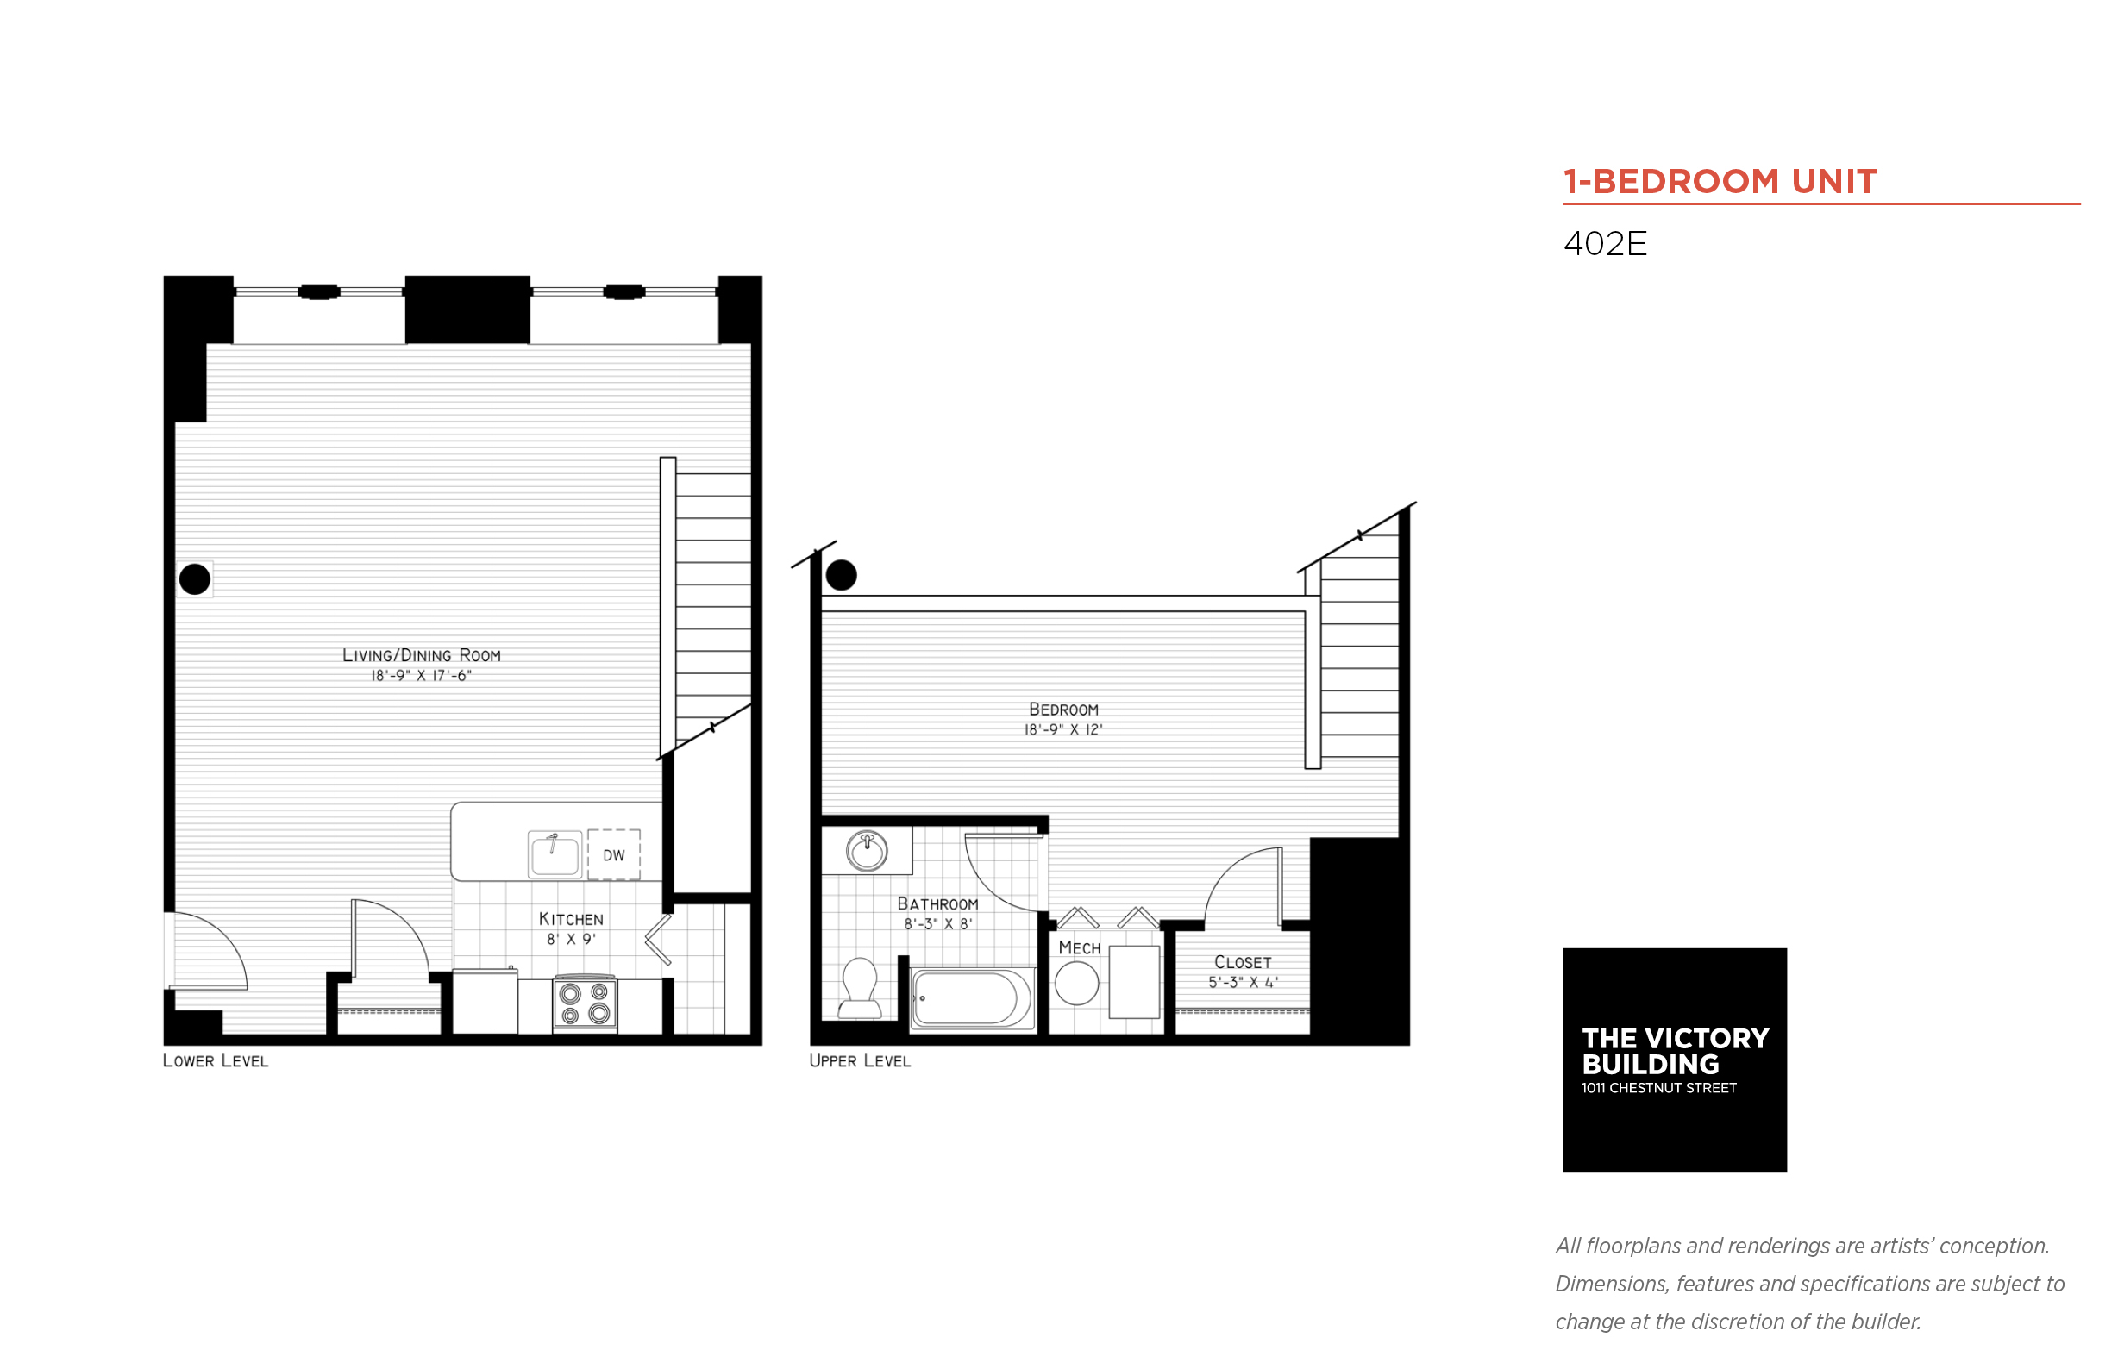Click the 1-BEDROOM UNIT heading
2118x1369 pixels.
point(1719,181)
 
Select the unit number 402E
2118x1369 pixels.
point(1604,244)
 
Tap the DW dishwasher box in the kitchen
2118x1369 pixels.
point(613,855)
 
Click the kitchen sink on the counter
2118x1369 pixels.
point(555,854)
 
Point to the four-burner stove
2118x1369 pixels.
point(584,1003)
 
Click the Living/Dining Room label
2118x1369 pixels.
point(422,655)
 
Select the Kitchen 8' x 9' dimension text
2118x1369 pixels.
point(571,939)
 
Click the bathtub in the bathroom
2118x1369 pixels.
point(970,997)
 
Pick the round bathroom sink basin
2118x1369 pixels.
point(867,852)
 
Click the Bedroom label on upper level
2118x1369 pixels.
point(1062,710)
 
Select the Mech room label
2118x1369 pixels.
point(1079,948)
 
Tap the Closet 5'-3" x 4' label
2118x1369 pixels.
point(1242,972)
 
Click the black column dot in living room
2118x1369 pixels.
point(195,578)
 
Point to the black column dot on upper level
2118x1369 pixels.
point(840,574)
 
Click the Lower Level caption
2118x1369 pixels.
point(216,1060)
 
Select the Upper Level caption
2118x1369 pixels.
point(859,1060)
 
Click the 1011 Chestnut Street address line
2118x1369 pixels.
point(1657,1088)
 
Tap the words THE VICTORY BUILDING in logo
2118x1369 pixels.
point(1673,1051)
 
